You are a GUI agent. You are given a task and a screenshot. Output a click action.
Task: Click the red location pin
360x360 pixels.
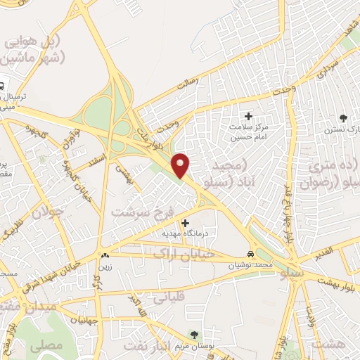pyautogui.click(x=181, y=164)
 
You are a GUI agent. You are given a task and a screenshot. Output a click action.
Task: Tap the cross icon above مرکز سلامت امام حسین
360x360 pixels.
pyautogui.click(x=247, y=116)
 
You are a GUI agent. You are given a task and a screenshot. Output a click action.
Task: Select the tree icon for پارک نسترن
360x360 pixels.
pyautogui.click(x=343, y=117)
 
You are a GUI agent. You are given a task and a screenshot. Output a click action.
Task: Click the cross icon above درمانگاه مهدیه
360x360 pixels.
pyautogui.click(x=185, y=223)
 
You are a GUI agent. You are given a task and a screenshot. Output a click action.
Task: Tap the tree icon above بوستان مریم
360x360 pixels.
pyautogui.click(x=195, y=334)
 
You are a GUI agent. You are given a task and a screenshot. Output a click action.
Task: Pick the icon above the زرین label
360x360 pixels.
pyautogui.click(x=105, y=257)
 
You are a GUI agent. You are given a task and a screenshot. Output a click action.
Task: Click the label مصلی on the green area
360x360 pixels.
pyautogui.click(x=51, y=345)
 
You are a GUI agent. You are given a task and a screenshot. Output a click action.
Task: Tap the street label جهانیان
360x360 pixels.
pyautogui.click(x=83, y=321)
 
